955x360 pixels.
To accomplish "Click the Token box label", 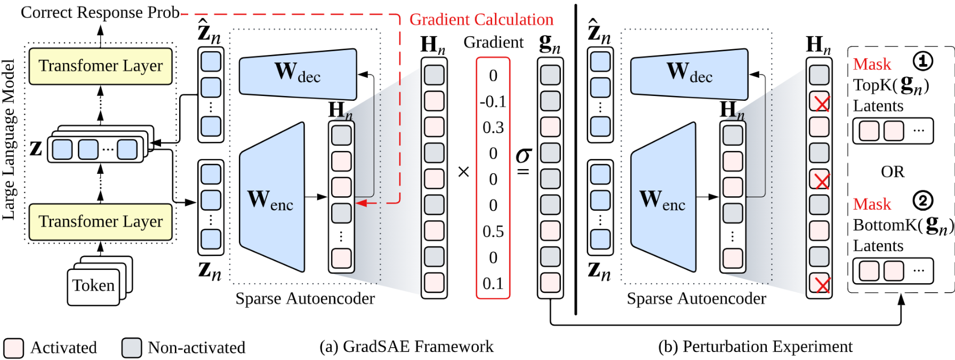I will pyautogui.click(x=93, y=286).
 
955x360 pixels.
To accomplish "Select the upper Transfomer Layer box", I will pyautogui.click(x=100, y=66).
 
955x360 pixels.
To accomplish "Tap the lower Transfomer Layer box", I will pyautogui.click(x=100, y=221).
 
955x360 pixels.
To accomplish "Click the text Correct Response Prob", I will pyautogui.click(x=100, y=12).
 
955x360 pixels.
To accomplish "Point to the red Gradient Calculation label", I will pyautogui.click(x=481, y=20).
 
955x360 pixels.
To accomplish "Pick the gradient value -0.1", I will pyautogui.click(x=493, y=101).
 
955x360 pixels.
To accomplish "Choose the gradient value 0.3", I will pyautogui.click(x=493, y=127).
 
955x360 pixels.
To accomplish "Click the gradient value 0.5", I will pyautogui.click(x=493, y=231).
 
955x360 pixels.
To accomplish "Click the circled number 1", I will pyautogui.click(x=923, y=61).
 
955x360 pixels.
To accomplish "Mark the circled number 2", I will pyautogui.click(x=923, y=201).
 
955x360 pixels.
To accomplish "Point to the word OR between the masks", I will pyautogui.click(x=893, y=172).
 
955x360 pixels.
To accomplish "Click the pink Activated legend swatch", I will pyautogui.click(x=13, y=348).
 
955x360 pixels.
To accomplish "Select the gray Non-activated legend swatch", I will pyautogui.click(x=131, y=348).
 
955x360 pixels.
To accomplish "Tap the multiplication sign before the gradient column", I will pyautogui.click(x=463, y=172).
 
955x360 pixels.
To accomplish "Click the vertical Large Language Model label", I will pyautogui.click(x=9, y=140).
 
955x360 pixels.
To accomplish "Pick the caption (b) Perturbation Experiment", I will pyautogui.click(x=755, y=347).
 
